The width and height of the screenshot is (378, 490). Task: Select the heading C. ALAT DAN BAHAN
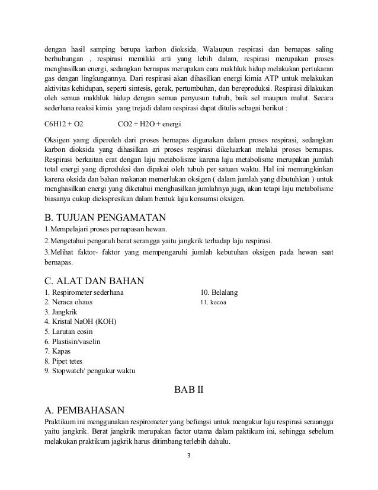95,280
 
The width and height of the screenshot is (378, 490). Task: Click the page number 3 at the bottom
188,457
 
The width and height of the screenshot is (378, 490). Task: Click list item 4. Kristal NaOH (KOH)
81,322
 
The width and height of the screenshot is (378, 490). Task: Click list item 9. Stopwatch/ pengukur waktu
90,371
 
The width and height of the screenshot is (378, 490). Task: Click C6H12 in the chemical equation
56,125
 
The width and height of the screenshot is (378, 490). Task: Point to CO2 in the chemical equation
125,125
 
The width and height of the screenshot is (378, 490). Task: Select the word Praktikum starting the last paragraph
62,421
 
